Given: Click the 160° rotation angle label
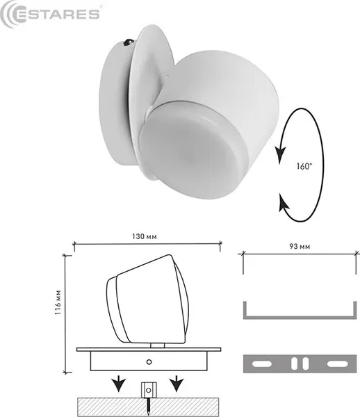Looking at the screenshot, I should click(304, 166).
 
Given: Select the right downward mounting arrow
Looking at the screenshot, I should click(178, 382).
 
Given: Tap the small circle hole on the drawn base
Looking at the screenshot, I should click(149, 361).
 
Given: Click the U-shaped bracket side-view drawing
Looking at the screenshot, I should click(297, 313).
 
